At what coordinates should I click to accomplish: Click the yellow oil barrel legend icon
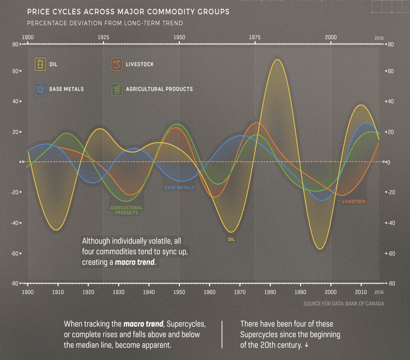pos(40,64)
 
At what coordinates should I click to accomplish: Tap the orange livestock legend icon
pos(117,64)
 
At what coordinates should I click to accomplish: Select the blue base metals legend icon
pos(40,89)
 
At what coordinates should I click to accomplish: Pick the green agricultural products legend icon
pos(117,89)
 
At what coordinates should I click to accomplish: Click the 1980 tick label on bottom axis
pos(270,292)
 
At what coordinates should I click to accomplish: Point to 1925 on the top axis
pos(103,37)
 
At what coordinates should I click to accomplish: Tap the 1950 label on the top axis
pos(179,37)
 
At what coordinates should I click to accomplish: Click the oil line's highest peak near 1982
pos(278,60)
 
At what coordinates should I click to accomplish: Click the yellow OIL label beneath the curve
pos(231,240)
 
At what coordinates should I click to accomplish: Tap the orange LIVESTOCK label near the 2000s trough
pos(354,202)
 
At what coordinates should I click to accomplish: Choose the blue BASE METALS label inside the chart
pos(179,188)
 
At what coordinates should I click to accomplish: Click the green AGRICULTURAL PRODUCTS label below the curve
pos(127,210)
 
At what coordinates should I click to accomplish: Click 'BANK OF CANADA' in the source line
pos(365,303)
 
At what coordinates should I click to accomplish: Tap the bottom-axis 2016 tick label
pos(379,292)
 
